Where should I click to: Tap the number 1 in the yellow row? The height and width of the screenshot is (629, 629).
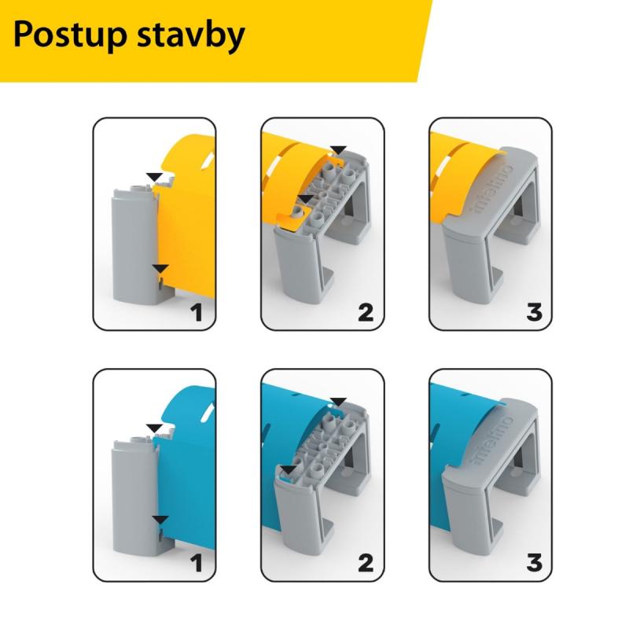click(x=196, y=313)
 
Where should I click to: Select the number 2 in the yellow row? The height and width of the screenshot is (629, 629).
click(x=366, y=313)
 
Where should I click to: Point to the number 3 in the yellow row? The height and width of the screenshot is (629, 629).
click(x=535, y=313)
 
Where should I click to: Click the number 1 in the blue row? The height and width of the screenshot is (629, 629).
click(x=196, y=563)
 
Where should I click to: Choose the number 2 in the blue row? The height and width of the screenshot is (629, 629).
click(x=366, y=563)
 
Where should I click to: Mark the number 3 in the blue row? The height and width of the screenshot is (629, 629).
click(x=535, y=563)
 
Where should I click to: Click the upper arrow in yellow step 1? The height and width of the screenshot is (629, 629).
click(x=154, y=177)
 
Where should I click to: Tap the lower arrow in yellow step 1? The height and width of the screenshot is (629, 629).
click(x=160, y=269)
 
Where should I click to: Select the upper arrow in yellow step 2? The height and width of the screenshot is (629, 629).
click(x=338, y=150)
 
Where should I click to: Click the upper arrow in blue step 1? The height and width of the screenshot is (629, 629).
click(x=154, y=428)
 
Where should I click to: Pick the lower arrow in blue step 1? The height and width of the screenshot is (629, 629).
click(x=160, y=520)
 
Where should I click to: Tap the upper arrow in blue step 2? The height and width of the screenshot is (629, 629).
click(x=338, y=402)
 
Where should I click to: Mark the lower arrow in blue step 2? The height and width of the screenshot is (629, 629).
click(x=289, y=470)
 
